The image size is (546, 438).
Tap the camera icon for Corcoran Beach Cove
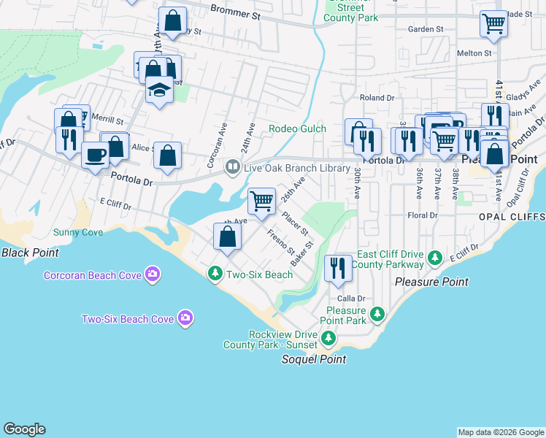pos(153,275)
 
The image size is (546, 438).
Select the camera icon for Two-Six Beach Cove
pos(186,318)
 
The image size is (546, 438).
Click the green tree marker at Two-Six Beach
pos(215,274)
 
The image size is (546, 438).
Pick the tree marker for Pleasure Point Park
pos(377,315)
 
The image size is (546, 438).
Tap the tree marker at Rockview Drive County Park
pos(328,338)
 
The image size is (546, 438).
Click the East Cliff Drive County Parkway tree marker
pos(435,258)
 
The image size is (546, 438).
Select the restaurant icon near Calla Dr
pos(337,268)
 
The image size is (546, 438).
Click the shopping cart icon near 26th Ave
pos(261,200)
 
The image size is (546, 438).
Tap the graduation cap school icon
pos(158,91)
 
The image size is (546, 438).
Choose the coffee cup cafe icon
pos(95,155)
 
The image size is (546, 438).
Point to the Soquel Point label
pos(314,359)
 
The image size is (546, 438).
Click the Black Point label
pos(29,253)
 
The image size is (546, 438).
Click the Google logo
pos(24,429)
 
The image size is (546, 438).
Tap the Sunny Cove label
pos(78,233)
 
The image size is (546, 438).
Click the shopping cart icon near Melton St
pos(493,24)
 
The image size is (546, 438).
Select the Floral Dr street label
pos(423,215)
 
